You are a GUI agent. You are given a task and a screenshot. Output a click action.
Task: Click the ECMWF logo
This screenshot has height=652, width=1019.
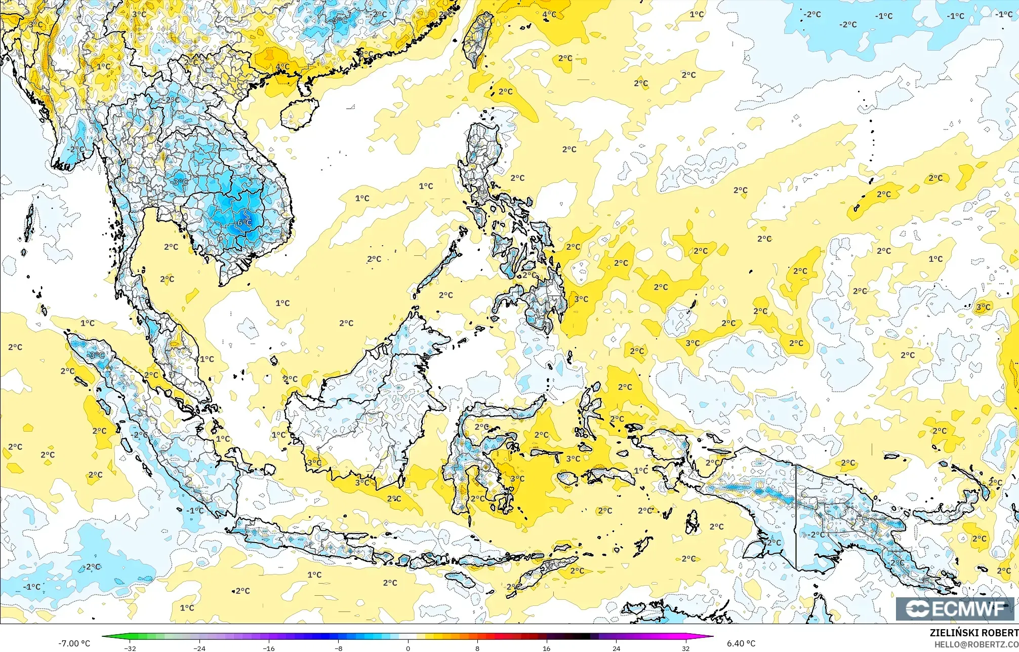(955, 608)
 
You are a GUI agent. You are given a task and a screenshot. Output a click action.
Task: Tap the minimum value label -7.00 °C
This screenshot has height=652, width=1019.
(74, 643)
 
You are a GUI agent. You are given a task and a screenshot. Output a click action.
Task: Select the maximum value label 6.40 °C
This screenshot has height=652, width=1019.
(741, 643)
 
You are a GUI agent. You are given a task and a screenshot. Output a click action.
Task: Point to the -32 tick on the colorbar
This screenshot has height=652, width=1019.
(130, 648)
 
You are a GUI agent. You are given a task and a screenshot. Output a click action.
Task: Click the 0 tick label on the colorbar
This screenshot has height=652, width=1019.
(407, 648)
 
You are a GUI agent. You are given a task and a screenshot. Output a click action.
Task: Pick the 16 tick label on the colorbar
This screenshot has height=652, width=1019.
(546, 648)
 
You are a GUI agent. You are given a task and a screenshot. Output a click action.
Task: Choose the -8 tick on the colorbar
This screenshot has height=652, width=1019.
(338, 648)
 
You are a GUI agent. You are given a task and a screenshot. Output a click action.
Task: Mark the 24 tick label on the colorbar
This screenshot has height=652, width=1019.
(616, 648)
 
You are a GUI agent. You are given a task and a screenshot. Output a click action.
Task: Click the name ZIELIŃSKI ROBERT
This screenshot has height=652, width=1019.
(974, 633)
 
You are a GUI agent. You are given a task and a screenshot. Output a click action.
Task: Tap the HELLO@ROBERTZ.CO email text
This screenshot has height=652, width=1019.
(976, 644)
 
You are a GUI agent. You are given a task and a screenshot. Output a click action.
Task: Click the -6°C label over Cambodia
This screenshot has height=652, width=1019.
(244, 222)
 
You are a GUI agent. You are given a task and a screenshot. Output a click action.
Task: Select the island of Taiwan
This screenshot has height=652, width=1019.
(477, 40)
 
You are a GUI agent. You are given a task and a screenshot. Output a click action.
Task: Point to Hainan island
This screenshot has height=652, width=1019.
(300, 113)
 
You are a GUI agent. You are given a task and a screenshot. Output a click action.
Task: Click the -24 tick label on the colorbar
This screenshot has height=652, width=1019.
(199, 648)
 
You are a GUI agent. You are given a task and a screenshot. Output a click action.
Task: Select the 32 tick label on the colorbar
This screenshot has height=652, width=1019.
(685, 648)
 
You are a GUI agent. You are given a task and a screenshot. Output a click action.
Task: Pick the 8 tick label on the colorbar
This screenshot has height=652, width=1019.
(477, 648)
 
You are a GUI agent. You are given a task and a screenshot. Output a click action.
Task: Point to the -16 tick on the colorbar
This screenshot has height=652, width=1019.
(269, 648)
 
